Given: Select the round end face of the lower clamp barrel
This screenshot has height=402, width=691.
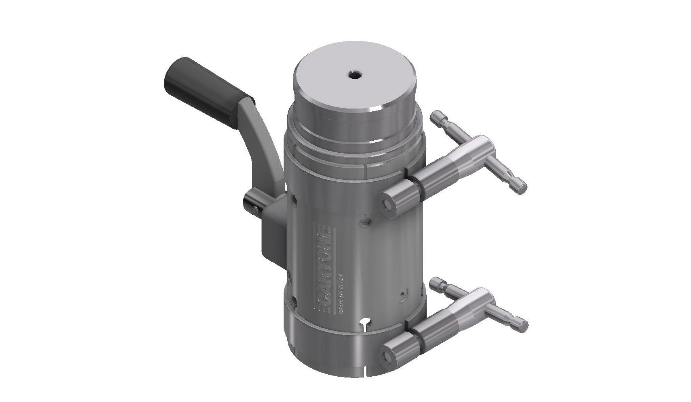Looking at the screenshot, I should click(x=388, y=355).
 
